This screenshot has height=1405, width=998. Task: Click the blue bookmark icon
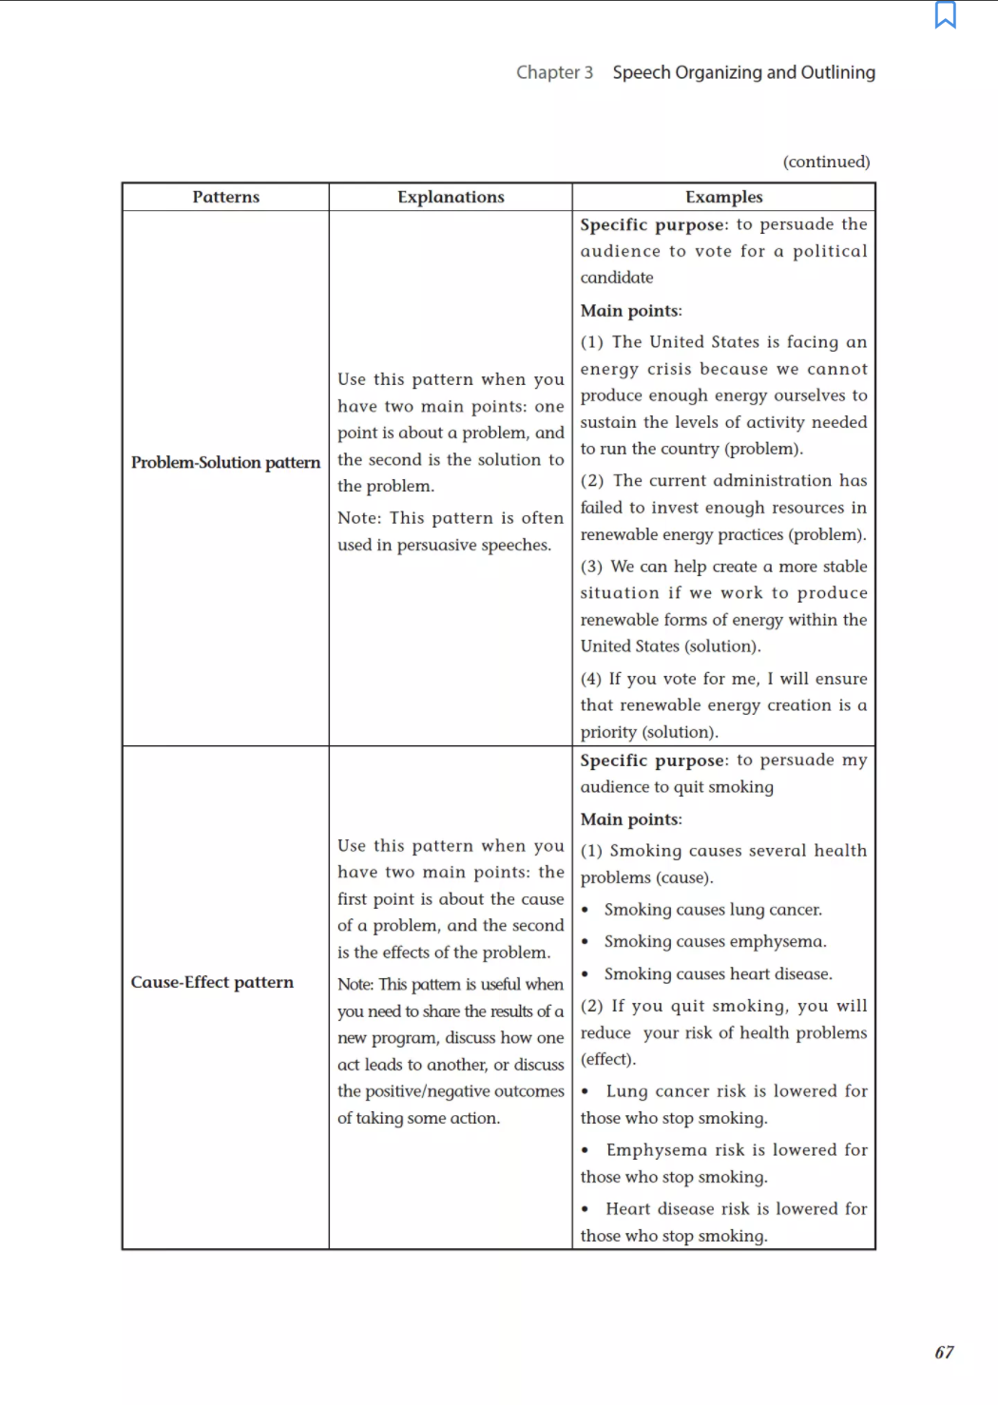pyautogui.click(x=945, y=15)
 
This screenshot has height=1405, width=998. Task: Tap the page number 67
pyautogui.click(x=944, y=1352)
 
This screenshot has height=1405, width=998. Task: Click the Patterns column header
pyautogui.click(x=225, y=197)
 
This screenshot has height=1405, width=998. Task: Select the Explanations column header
pyautogui.click(x=451, y=197)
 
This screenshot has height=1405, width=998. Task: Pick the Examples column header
pyautogui.click(x=723, y=197)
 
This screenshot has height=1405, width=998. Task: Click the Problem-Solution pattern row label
pyautogui.click(x=225, y=462)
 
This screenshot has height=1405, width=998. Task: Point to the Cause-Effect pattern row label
pyautogui.click(x=212, y=982)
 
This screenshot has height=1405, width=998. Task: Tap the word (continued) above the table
pyautogui.click(x=826, y=162)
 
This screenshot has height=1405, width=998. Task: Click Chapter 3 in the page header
pyautogui.click(x=554, y=72)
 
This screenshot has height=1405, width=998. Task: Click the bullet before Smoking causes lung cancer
pyautogui.click(x=585, y=911)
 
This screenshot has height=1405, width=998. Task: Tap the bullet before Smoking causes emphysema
pyautogui.click(x=585, y=942)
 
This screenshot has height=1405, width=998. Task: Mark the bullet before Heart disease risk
pyautogui.click(x=585, y=1209)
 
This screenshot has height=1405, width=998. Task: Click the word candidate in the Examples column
pyautogui.click(x=617, y=278)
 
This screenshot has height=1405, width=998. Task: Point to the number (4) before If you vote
pyautogui.click(x=591, y=679)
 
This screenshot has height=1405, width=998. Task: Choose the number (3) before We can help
pyautogui.click(x=591, y=567)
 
